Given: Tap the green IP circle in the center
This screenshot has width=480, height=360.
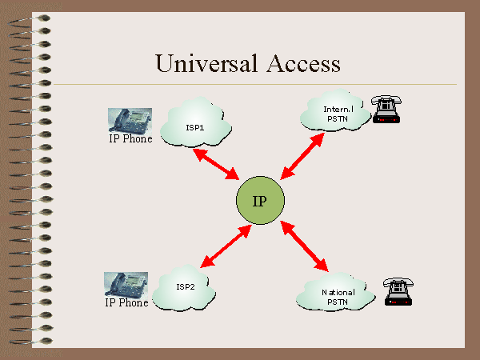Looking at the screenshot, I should pyautogui.click(x=259, y=200).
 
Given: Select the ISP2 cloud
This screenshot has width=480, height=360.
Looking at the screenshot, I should pyautogui.click(x=185, y=287).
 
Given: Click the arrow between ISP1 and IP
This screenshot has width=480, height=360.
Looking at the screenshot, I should pyautogui.click(x=218, y=164).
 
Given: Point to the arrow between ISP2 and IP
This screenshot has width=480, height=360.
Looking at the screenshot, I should pyautogui.click(x=223, y=247).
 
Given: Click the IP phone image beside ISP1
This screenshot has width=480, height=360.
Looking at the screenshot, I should pyautogui.click(x=130, y=119).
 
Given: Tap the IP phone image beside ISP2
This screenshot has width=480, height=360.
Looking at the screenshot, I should pyautogui.click(x=127, y=285).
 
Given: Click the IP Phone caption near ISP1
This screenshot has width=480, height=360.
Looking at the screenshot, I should pyautogui.click(x=130, y=139).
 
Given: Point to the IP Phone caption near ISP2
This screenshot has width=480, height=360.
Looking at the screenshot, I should pyautogui.click(x=127, y=303).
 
